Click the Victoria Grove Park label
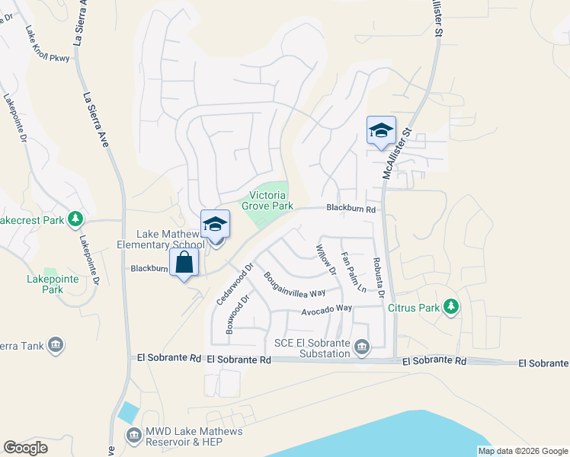(267, 200)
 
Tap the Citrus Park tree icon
(451, 307)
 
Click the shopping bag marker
(184, 263)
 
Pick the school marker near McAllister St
(381, 130)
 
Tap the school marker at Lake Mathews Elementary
(216, 225)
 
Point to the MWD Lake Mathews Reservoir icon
(133, 435)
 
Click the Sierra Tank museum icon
(55, 346)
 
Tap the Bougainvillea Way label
(295, 284)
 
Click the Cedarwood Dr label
(234, 284)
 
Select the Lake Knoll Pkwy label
(47, 45)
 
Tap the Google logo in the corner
(25, 448)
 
